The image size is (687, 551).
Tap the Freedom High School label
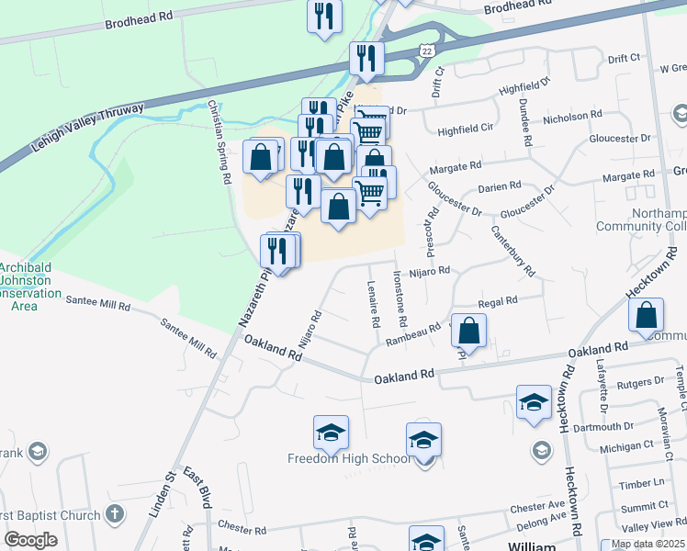click(349, 459)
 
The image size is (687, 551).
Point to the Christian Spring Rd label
click(220, 142)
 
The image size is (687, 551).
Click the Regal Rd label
click(499, 301)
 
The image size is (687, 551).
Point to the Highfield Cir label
click(466, 130)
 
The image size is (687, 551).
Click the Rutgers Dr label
click(640, 382)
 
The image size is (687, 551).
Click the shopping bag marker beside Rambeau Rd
click(468, 332)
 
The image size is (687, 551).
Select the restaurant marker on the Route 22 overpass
click(366, 59)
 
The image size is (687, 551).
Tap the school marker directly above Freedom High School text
click(331, 433)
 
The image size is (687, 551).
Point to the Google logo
click(32, 540)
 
